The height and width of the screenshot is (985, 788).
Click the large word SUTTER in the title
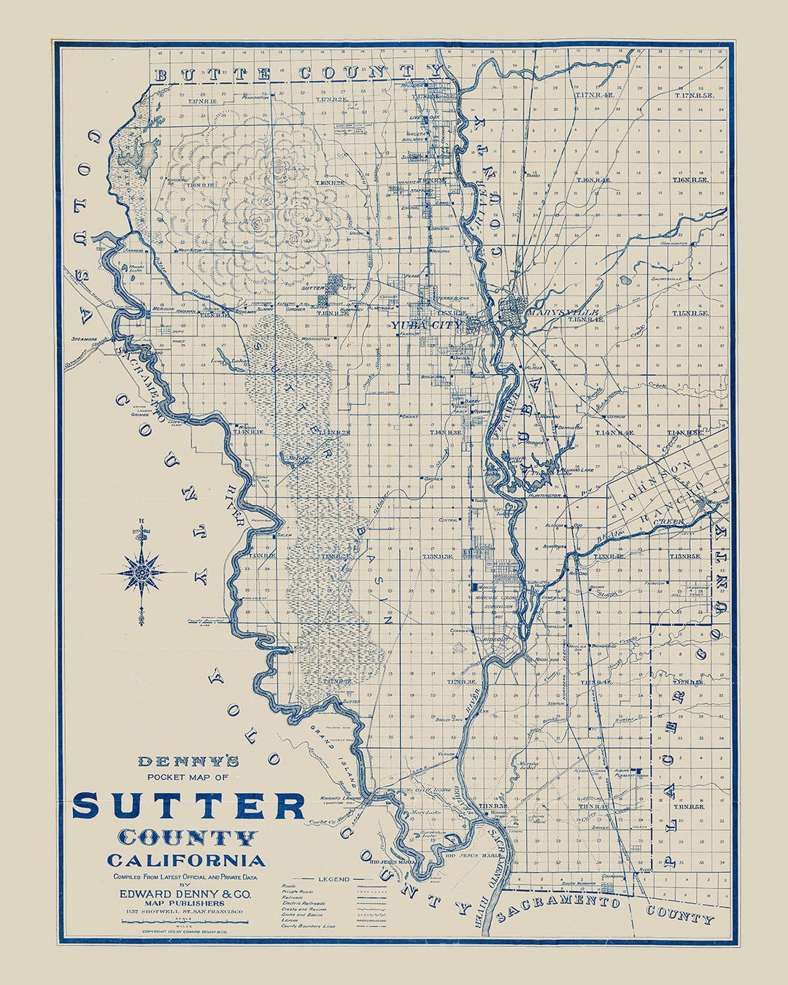point(188,806)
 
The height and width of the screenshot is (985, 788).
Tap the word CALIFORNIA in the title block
point(186,860)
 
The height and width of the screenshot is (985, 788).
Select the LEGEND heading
point(334,879)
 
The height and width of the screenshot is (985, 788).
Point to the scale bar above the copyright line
point(185,923)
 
